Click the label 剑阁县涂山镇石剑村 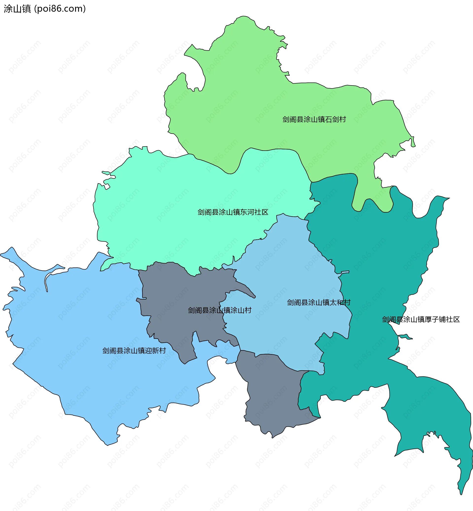coord(314,119)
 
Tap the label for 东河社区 coord(233,212)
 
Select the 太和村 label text coord(318,302)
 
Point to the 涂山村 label coord(220,310)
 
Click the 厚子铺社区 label coord(421,319)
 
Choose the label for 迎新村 coord(134,351)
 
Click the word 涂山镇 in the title coord(17,9)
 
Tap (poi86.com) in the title coord(60,9)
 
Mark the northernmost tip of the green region coord(243,17)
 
